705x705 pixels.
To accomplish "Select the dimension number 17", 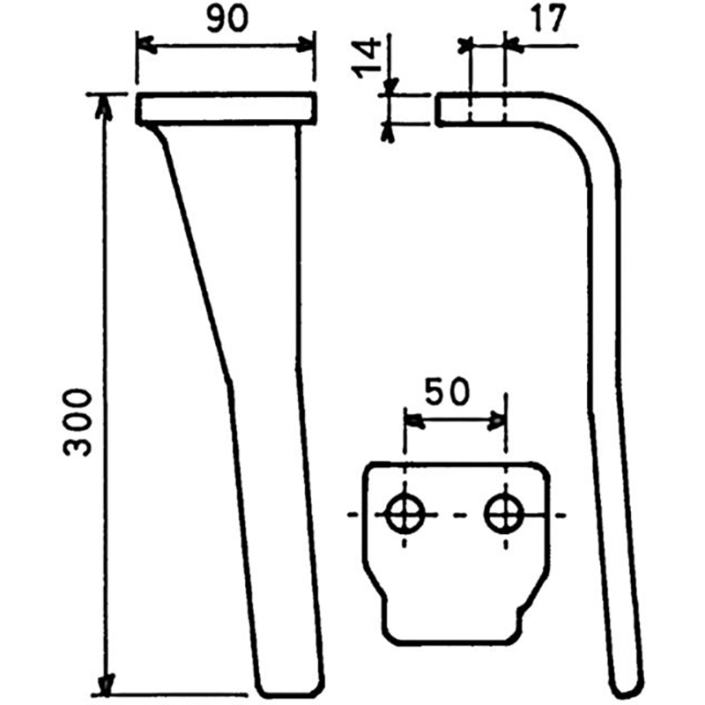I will tap(547, 20).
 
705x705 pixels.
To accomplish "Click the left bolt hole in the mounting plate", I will tap(405, 514).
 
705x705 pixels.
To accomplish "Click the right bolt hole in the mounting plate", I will tap(504, 513).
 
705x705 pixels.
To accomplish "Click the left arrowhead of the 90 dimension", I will tap(145, 44).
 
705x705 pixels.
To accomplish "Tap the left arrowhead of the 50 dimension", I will tap(412, 422).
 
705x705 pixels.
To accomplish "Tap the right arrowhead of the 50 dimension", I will tap(498, 422).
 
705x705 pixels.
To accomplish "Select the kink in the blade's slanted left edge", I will tap(231, 382).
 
